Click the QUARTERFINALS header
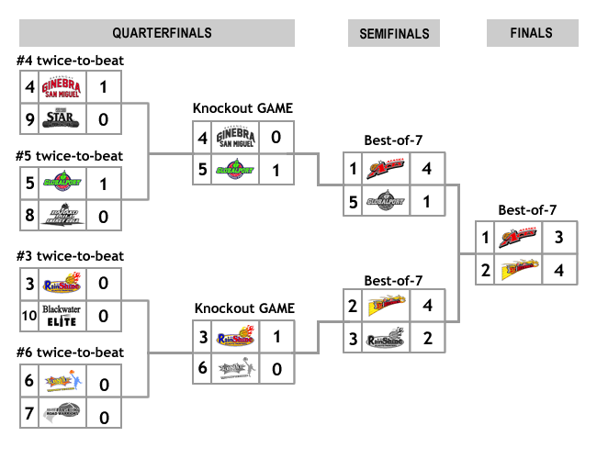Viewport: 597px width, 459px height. click(x=163, y=33)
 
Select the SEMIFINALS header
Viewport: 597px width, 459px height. click(x=394, y=34)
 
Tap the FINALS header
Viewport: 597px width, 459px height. click(x=532, y=33)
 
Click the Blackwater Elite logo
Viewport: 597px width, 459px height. click(x=61, y=317)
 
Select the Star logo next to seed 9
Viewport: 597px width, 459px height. click(x=61, y=118)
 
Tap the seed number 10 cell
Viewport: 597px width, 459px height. click(x=29, y=317)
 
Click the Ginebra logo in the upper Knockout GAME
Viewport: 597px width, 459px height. click(x=234, y=138)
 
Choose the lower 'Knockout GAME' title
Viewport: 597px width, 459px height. click(x=242, y=308)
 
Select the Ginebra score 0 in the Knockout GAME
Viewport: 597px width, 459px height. click(x=276, y=138)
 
